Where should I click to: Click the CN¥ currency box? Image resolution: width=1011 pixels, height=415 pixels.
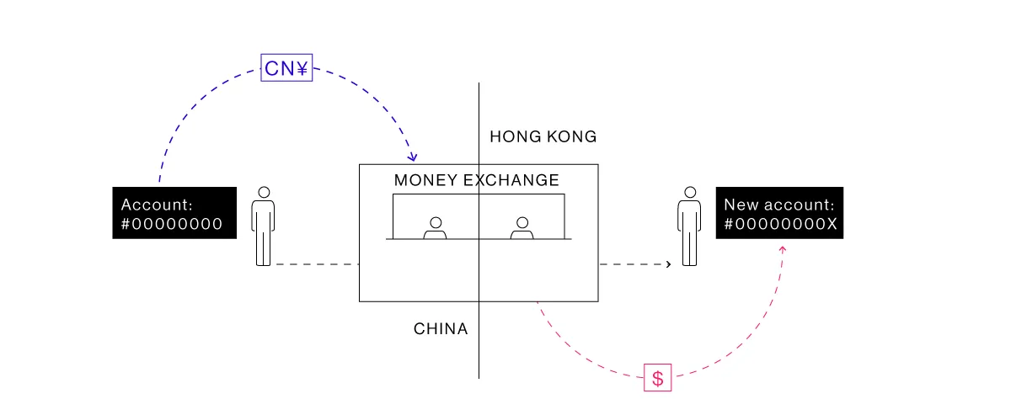click(286, 67)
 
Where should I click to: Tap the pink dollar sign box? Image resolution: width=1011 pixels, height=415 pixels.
click(658, 378)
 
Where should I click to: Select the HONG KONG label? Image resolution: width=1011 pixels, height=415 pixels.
click(543, 136)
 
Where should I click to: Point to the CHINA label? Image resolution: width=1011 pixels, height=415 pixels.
click(441, 329)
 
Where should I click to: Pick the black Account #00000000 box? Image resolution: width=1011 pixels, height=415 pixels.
click(174, 213)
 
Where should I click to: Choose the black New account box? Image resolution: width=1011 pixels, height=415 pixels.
click(779, 213)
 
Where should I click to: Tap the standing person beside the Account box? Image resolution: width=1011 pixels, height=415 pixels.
click(264, 226)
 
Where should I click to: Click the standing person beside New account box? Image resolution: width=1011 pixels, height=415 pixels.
click(690, 226)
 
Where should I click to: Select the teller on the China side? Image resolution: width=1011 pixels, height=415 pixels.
click(435, 228)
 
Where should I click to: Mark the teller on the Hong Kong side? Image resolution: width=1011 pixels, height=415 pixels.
click(522, 228)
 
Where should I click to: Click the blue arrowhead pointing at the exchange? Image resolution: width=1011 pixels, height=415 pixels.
click(413, 157)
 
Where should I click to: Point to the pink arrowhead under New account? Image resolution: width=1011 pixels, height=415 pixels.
click(783, 248)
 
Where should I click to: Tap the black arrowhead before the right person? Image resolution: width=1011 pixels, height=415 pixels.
click(669, 264)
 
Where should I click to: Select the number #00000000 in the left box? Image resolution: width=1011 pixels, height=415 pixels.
click(172, 224)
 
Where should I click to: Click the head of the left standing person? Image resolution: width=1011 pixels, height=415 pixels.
click(264, 193)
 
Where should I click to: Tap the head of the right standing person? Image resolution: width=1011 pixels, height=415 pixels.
click(690, 193)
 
